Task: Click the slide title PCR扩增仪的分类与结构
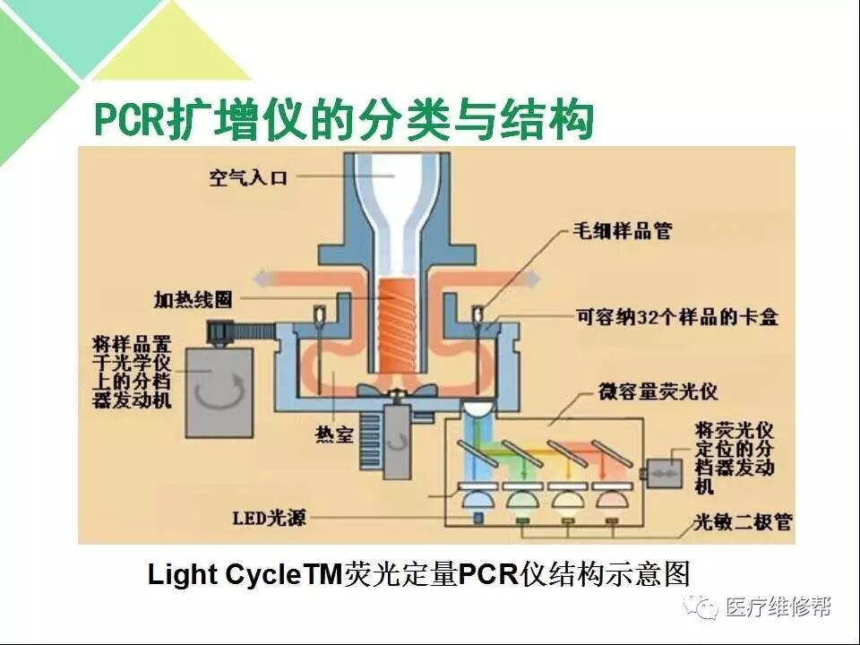coord(344,121)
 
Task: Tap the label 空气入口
coord(248,178)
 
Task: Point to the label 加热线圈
coord(193,299)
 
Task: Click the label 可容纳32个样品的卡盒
coord(677,317)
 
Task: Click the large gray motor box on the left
coord(219,392)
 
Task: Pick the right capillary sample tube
coord(477,316)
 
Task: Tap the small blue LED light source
coord(478,518)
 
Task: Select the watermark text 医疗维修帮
coord(778,606)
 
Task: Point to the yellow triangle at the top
coord(170,45)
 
